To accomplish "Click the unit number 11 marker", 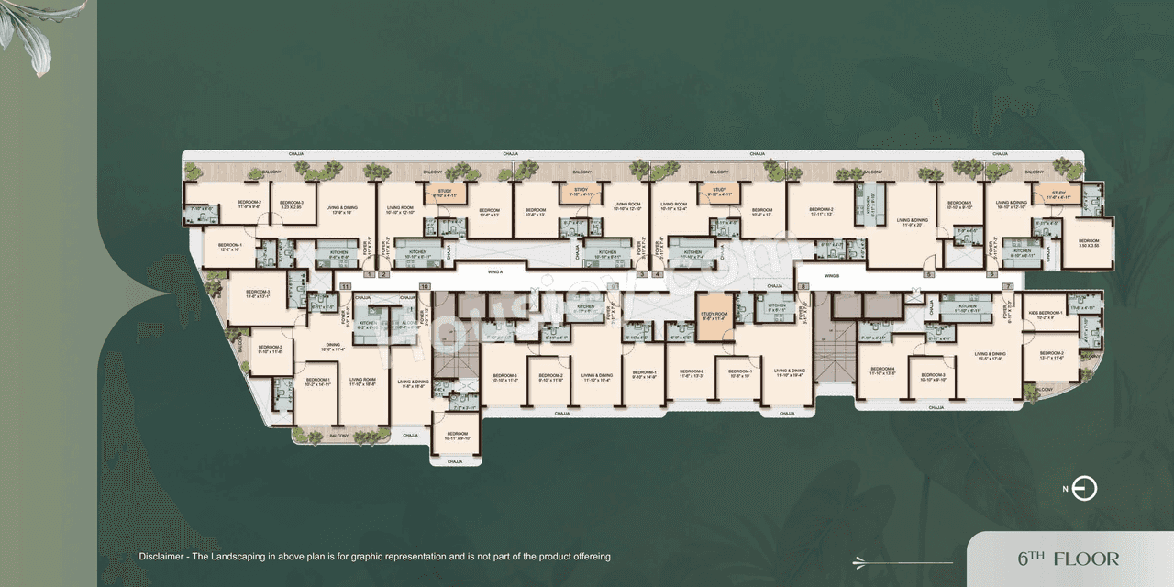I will (345, 287).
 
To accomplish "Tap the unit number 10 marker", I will (425, 287).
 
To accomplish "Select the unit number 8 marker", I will (803, 287).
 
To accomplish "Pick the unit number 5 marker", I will (928, 274).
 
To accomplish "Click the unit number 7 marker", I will (1007, 287).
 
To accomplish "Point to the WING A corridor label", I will (496, 272).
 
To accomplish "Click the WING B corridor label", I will (832, 275).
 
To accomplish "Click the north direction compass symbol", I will (1084, 489).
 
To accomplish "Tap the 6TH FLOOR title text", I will (1068, 559).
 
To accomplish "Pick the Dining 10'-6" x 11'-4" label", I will (332, 348).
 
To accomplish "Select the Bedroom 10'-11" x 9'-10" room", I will (457, 436).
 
